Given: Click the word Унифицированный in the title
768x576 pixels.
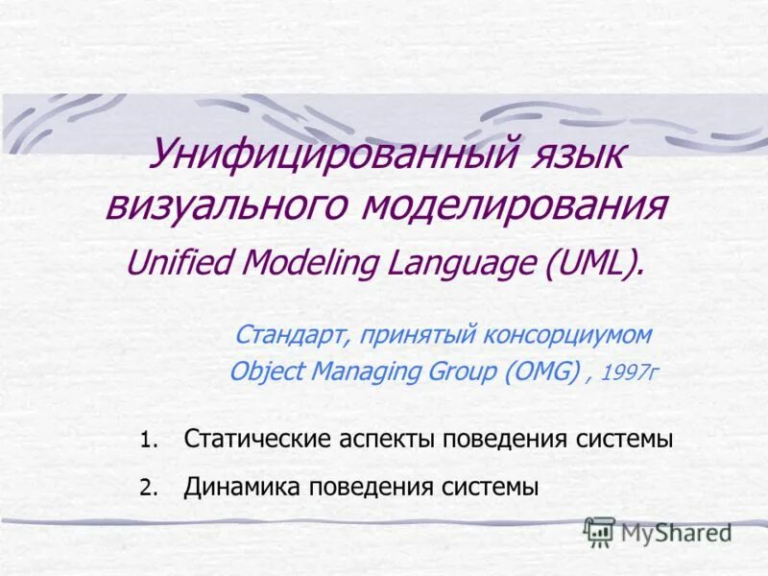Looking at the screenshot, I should coord(332,156).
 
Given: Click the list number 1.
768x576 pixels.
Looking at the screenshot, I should coord(146,442).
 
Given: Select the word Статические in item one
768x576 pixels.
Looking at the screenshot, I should coord(258,440).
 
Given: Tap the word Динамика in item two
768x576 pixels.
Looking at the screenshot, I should coord(243,487).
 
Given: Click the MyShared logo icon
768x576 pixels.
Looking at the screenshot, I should coord(599,531).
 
